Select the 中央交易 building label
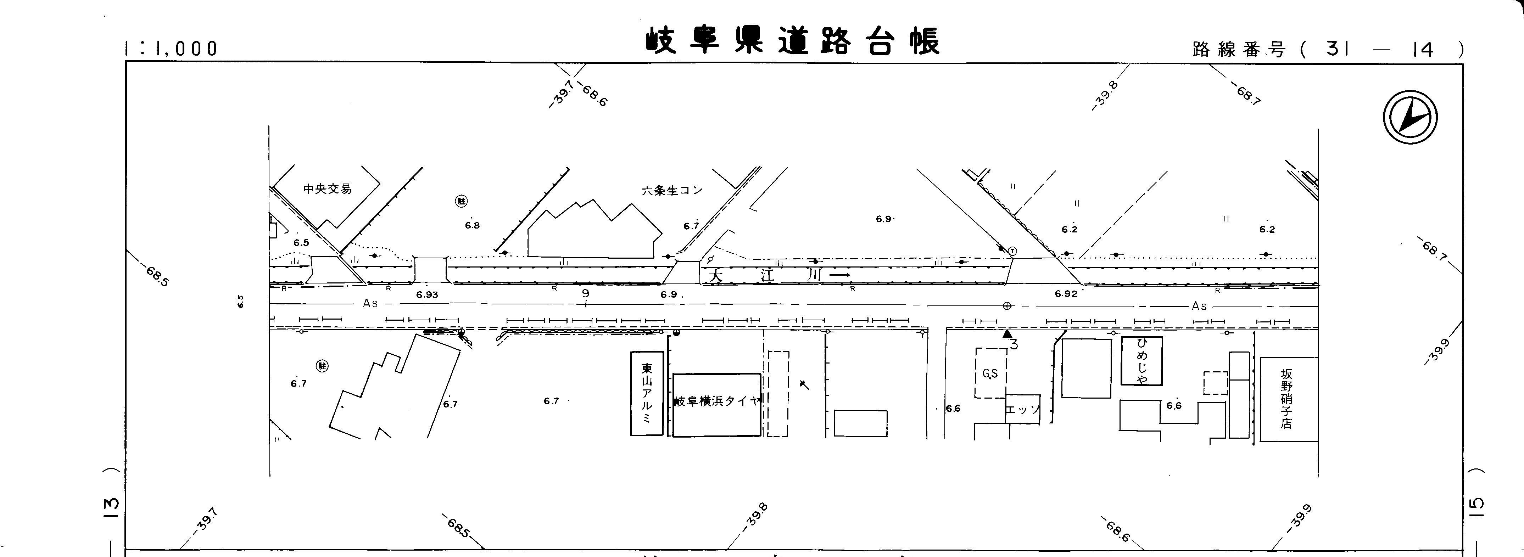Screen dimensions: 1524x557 point(327,189)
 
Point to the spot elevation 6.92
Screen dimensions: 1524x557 point(1066,294)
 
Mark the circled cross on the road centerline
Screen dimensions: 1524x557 point(1006,306)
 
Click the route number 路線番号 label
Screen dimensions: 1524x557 point(1239,50)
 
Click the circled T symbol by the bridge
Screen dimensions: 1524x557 point(1012,251)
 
